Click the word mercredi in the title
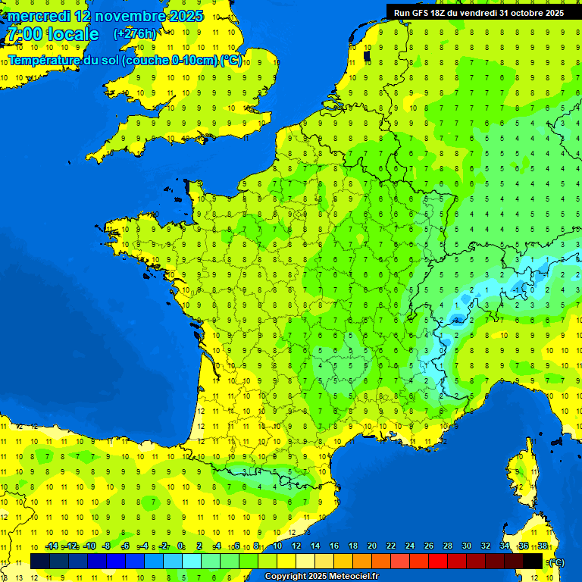tap(39, 16)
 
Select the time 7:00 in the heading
tap(23, 34)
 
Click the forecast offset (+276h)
tap(135, 34)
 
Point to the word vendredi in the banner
tap(483, 13)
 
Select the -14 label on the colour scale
tap(52, 546)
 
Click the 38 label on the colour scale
tap(543, 546)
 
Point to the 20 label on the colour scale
tap(372, 546)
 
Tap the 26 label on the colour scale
tap(429, 546)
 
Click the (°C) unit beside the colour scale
tap(556, 562)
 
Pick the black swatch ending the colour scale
tap(533, 561)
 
